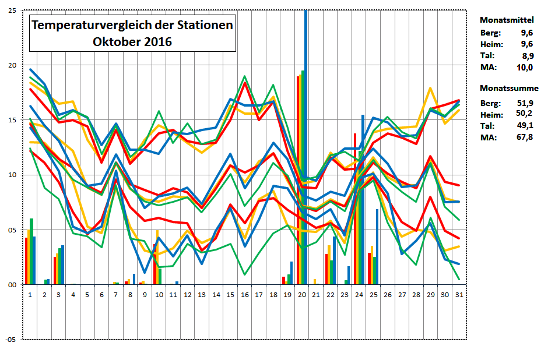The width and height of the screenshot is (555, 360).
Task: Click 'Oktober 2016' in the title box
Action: click(x=132, y=42)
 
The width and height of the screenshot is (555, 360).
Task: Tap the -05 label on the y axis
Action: click(x=10, y=340)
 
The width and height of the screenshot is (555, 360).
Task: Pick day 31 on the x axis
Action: click(x=459, y=295)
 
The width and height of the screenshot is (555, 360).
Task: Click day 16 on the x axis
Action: click(x=244, y=295)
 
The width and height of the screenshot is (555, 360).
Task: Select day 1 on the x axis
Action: click(x=30, y=295)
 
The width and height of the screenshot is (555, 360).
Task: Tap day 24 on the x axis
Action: click(x=359, y=295)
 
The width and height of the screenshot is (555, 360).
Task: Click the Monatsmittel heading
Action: click(x=507, y=20)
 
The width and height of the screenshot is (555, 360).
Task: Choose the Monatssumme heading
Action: click(x=509, y=89)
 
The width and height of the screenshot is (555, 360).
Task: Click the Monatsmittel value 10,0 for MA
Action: click(x=524, y=68)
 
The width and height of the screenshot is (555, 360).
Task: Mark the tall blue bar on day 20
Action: click(x=306, y=146)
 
